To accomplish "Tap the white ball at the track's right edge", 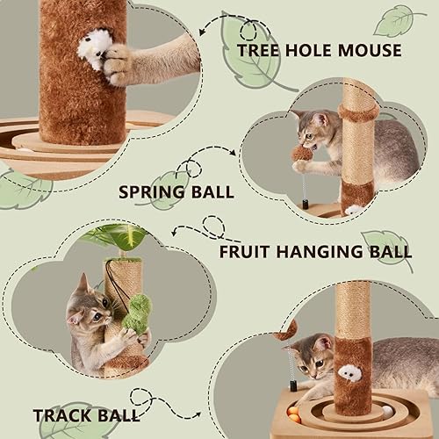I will click(388, 409).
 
